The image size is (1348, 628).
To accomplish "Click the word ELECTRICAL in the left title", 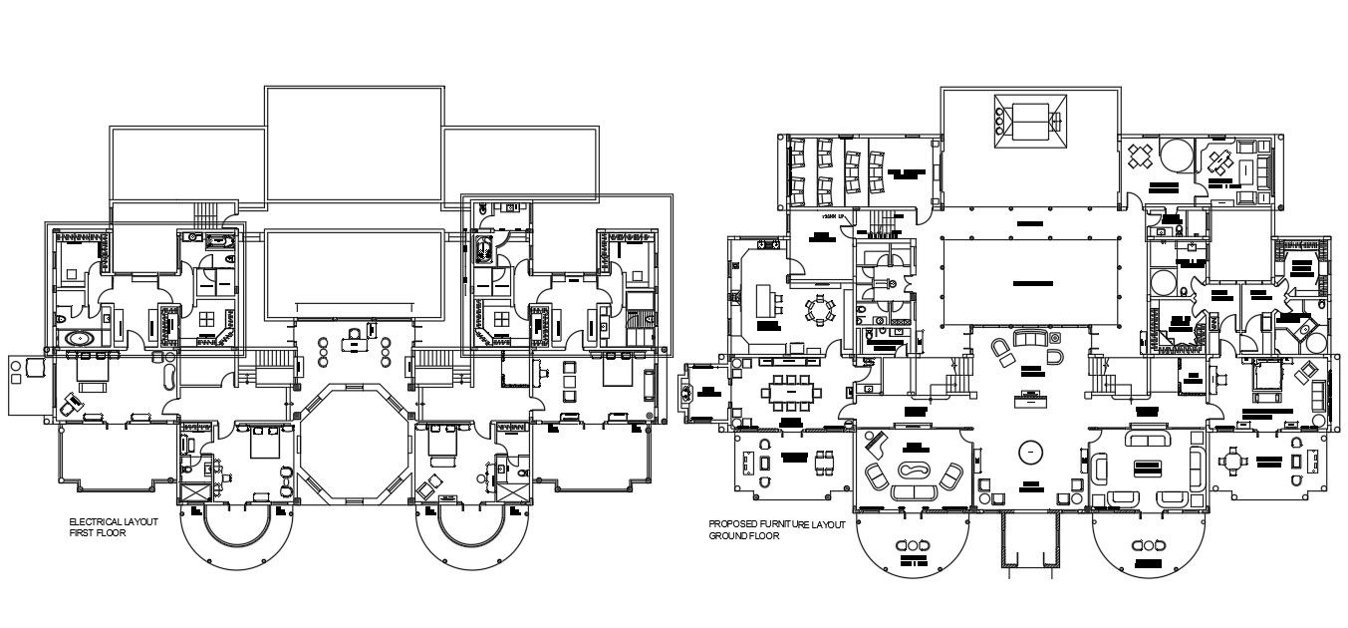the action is click(90, 522).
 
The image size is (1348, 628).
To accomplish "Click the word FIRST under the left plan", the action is click(80, 533).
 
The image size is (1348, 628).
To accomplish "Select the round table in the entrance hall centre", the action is click(1026, 453).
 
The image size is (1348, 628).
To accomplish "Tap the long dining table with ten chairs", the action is click(790, 391).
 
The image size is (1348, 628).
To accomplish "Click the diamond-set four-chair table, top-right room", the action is click(1140, 156).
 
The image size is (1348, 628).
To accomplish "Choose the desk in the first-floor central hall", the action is click(354, 340).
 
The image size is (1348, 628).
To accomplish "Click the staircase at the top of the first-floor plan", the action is click(205, 214).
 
